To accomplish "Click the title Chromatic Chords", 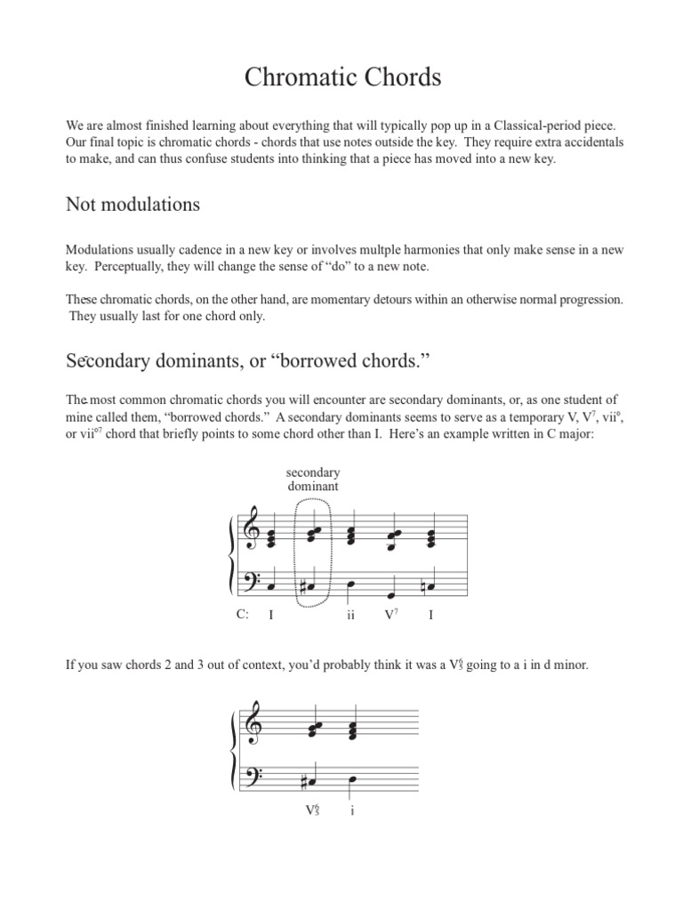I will pyautogui.click(x=342, y=78).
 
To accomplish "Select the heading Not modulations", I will pyautogui.click(x=133, y=205).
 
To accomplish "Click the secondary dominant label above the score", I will pyautogui.click(x=312, y=480).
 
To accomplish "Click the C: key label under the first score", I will pyautogui.click(x=242, y=615).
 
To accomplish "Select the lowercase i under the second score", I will pyautogui.click(x=352, y=811).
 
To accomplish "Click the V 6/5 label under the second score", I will pyautogui.click(x=311, y=811).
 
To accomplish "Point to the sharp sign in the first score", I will pyautogui.click(x=303, y=584).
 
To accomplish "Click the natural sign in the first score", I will pyautogui.click(x=422, y=584).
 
